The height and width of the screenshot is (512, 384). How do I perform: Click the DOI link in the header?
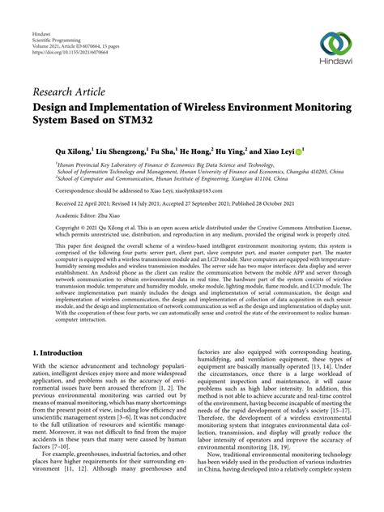pyautogui.click(x=61, y=43)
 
